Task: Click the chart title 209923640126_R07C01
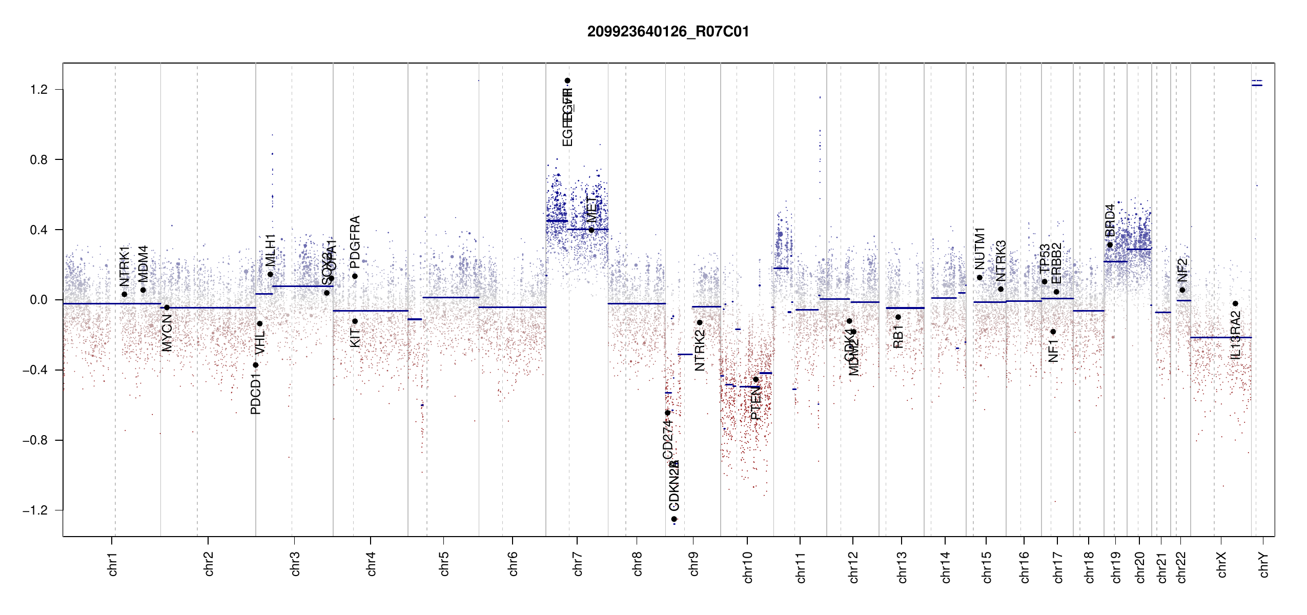tap(668, 32)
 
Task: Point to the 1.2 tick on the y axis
tap(38, 90)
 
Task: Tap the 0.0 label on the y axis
tap(38, 300)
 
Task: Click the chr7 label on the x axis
tap(578, 564)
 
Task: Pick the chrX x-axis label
tap(1221, 565)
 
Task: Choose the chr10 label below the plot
tap(748, 567)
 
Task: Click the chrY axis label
tap(1264, 565)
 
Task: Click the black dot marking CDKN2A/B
tap(674, 519)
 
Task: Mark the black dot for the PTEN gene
tap(755, 380)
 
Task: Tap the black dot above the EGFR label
tap(567, 80)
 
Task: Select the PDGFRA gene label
tap(355, 242)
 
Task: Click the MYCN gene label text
tap(167, 333)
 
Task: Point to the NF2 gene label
tap(1182, 270)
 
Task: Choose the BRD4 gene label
tap(1110, 220)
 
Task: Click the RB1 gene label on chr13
tap(898, 337)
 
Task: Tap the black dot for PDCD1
tap(256, 365)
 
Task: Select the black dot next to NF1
tap(1053, 332)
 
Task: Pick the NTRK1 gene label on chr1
tap(125, 266)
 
